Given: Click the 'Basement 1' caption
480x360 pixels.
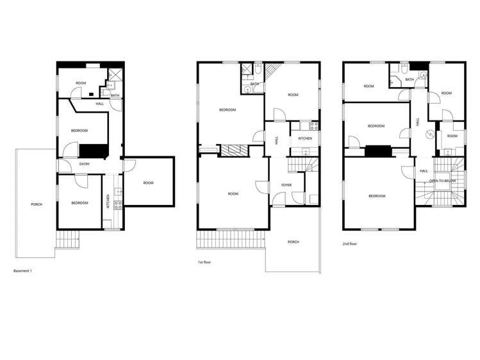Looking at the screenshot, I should point(22,271).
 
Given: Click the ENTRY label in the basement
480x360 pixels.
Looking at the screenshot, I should point(85,165).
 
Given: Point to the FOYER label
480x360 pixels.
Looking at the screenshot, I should point(286,185).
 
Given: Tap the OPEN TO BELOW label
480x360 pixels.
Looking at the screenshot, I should point(442,181).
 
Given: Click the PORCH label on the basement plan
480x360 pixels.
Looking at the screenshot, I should point(37,204).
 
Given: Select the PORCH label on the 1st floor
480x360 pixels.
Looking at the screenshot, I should point(293,242).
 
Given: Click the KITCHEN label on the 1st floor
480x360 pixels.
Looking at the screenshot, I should point(305,138).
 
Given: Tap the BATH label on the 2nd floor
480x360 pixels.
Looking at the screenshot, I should point(410,79).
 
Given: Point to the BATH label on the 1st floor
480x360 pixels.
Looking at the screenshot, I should point(254,84).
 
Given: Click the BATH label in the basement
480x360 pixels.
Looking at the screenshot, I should point(115,96).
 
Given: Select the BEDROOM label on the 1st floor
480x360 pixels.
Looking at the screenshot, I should point(228,110).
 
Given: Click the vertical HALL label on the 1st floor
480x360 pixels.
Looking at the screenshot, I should point(276,139).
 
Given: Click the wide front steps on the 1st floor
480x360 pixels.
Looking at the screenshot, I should point(231,240).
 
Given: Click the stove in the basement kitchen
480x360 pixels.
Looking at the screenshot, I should point(117,203).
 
